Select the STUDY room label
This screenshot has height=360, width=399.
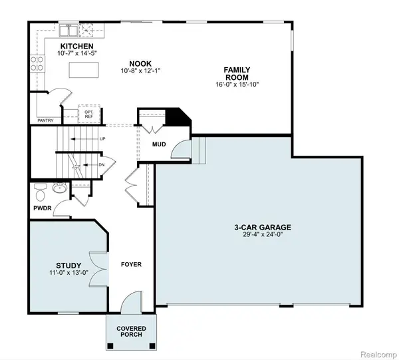pos(68,264)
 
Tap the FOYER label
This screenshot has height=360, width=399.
pos(131,264)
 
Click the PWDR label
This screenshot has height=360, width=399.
pos(41,208)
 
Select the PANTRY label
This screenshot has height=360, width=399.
pos(45,120)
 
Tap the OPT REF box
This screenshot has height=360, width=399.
pos(89,114)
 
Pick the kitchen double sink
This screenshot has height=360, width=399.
pos(68,30)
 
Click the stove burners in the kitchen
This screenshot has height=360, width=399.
pos(37,63)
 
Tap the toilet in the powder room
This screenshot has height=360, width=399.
pos(41,193)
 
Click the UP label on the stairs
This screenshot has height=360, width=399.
pos(102,139)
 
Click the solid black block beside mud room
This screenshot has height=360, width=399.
pos(177,117)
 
